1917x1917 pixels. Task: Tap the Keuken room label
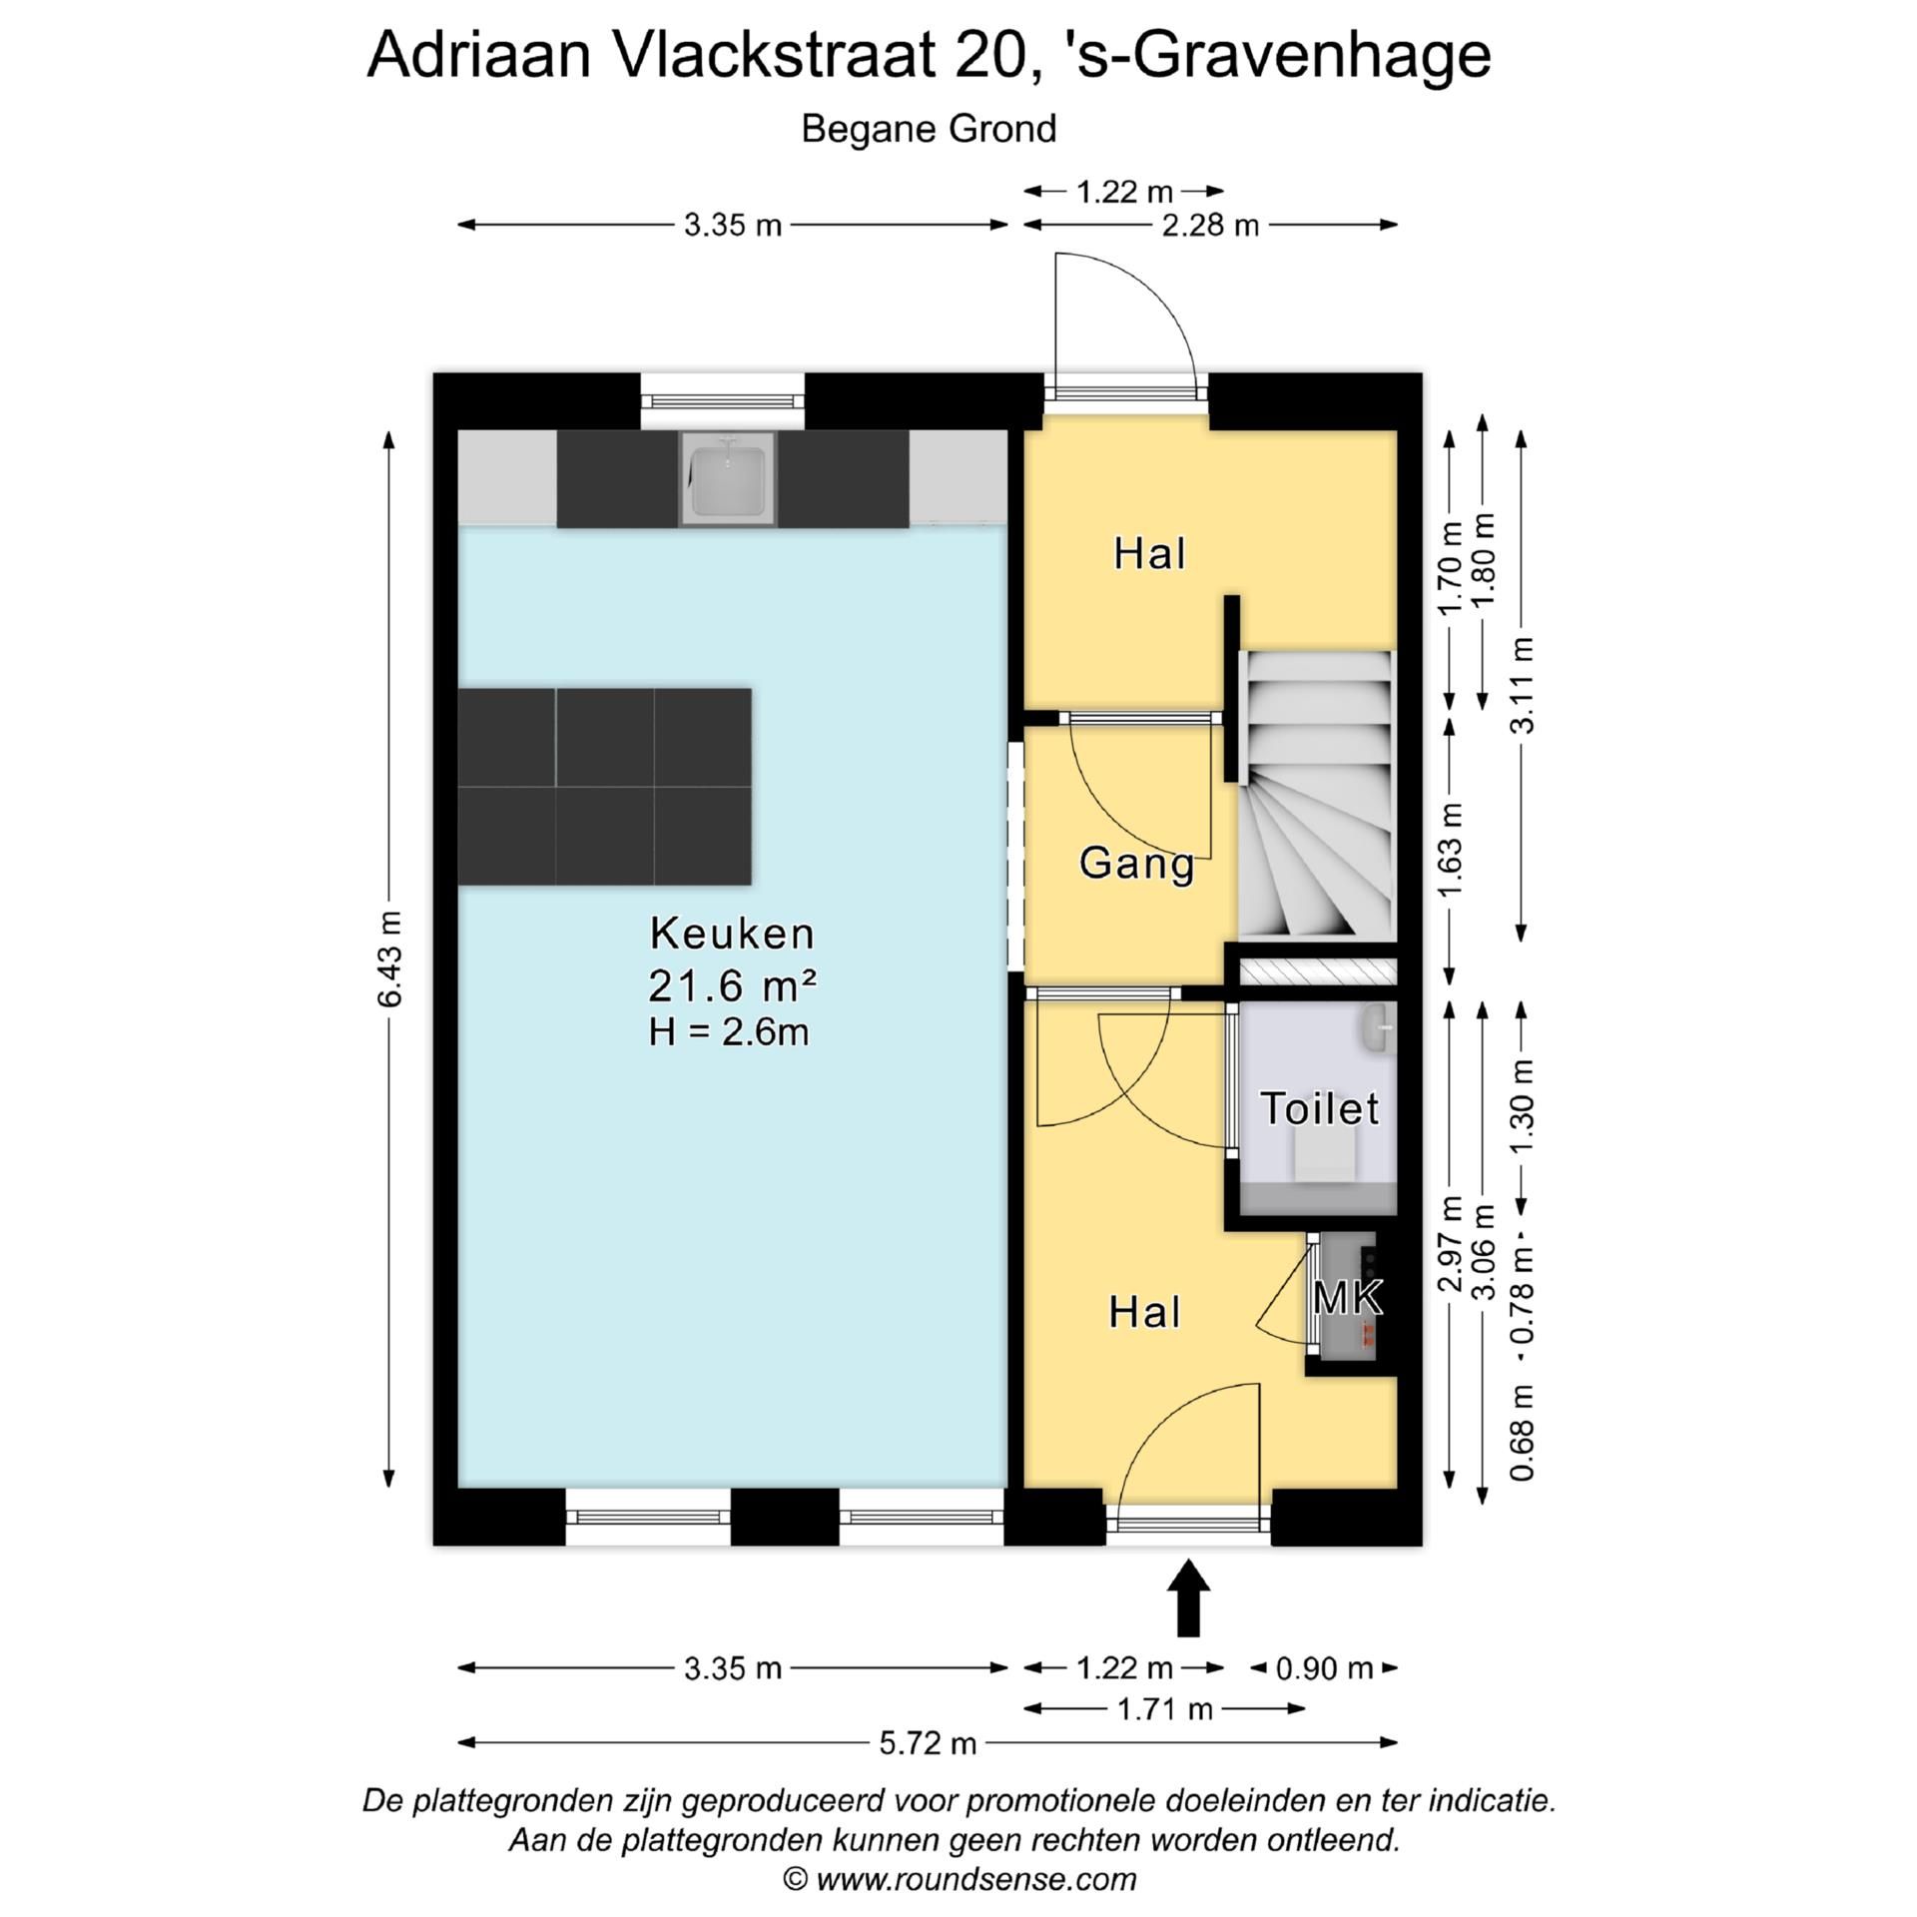pos(732,935)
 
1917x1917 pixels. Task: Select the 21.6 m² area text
pos(732,986)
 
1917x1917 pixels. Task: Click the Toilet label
pos(1319,1108)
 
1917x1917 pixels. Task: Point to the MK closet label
pos(1348,1298)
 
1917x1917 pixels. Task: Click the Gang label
pos(1136,863)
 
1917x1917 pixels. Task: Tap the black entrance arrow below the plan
pos(1188,1597)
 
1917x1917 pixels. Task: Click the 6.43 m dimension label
pos(390,958)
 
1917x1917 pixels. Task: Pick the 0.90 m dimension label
pos(1324,1668)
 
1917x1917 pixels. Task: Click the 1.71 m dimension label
pos(1164,1709)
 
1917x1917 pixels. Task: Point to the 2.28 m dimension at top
pos(1210,226)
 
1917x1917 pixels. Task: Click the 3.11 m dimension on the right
pos(1522,685)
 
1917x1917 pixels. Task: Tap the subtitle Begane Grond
pos(929,130)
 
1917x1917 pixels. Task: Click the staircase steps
pos(1316,799)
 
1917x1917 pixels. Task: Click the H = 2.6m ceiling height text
pos(728,1031)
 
